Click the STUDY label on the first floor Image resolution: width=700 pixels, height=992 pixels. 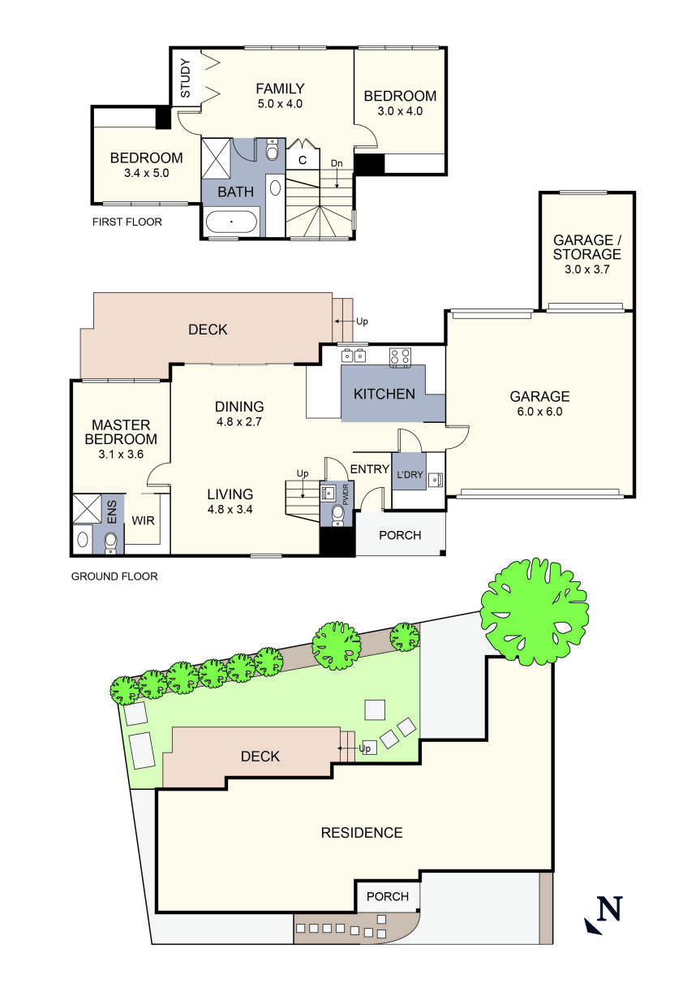tap(185, 78)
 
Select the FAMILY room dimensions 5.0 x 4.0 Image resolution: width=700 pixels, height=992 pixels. tap(280, 104)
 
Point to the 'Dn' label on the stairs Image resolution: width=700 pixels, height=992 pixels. tap(337, 163)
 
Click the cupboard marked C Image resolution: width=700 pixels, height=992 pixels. tap(302, 160)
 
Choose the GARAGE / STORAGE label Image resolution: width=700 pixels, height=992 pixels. tap(587, 248)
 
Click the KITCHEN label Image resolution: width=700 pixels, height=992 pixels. tap(384, 395)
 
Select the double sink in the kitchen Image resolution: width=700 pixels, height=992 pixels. tap(353, 355)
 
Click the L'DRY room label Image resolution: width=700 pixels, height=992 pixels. tap(410, 474)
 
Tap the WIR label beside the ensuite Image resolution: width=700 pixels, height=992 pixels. tap(144, 520)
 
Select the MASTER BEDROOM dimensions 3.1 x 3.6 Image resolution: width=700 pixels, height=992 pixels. tap(121, 454)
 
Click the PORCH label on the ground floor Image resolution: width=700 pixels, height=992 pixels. tap(400, 535)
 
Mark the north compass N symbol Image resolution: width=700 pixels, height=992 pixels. tap(604, 910)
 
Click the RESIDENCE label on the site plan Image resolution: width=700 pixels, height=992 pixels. tap(362, 832)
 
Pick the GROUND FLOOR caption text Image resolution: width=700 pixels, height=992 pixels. tap(114, 576)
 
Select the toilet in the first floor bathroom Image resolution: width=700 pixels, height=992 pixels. tap(272, 151)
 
